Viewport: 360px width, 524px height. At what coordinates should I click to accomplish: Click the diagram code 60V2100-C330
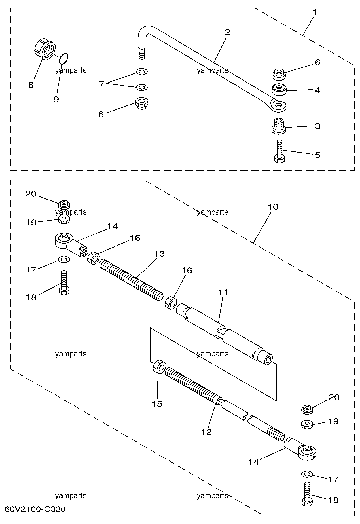tap(35, 509)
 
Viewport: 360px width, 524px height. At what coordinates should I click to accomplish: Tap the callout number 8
tap(31, 85)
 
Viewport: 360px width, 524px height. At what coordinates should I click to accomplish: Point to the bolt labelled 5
tap(279, 151)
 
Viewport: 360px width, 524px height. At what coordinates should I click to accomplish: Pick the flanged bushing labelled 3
tap(279, 126)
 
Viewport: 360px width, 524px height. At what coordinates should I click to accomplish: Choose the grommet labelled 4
tap(279, 90)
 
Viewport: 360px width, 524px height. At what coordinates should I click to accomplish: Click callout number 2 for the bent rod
tap(227, 32)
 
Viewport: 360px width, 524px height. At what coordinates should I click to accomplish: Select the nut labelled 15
tap(159, 367)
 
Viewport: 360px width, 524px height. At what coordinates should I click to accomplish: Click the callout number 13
tap(160, 253)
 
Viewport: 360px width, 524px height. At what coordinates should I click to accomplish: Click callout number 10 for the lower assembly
tap(273, 207)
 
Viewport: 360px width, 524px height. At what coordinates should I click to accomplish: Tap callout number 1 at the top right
tap(315, 13)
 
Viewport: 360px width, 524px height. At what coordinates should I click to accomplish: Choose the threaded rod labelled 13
tap(131, 280)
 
